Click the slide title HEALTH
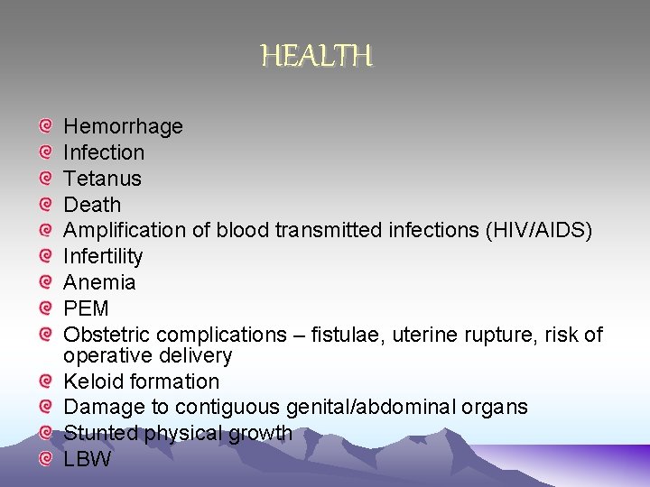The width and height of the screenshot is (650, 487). point(317,57)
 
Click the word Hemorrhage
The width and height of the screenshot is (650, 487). point(123,126)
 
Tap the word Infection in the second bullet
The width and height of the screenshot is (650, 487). point(104,152)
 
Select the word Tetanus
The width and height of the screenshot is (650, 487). point(102,179)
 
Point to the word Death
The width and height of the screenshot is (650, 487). point(92,205)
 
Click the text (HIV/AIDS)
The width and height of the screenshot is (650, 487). point(539,231)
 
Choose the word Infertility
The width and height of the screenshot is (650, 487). point(103,257)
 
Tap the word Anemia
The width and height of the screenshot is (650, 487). point(99,282)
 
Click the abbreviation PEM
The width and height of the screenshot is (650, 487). point(86,308)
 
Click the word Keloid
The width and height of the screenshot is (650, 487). point(95,381)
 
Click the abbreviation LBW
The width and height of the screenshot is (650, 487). point(87,459)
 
